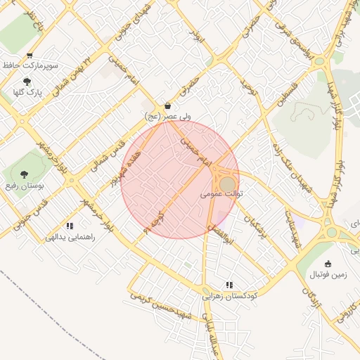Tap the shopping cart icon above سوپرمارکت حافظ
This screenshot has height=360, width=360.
(29, 56)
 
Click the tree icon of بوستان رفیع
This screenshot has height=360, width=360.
(25, 173)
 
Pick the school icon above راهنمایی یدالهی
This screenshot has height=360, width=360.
(70, 226)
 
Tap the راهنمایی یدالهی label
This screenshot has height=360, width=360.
(70, 237)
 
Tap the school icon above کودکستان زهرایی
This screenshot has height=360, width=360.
(229, 285)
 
